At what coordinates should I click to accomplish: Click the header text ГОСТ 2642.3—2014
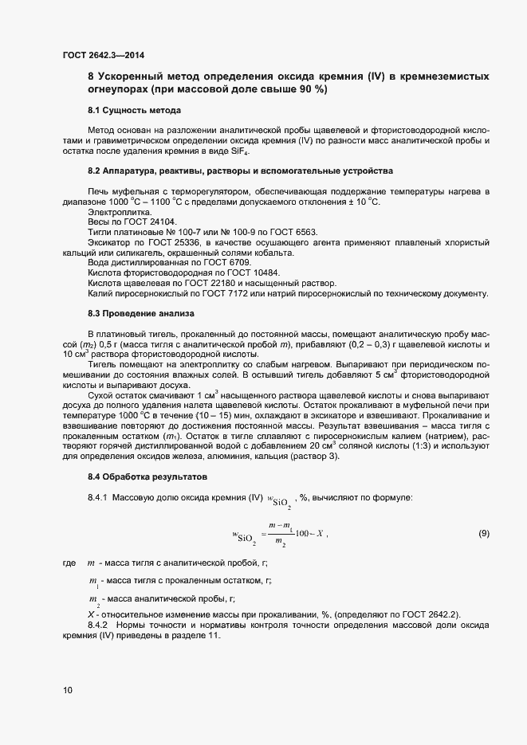104,54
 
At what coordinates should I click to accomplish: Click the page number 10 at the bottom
68,690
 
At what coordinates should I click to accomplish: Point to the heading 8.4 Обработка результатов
147,476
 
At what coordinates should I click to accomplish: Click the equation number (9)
483,532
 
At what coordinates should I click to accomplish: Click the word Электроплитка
113,213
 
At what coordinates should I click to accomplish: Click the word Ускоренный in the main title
131,76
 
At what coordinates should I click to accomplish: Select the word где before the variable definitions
69,563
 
